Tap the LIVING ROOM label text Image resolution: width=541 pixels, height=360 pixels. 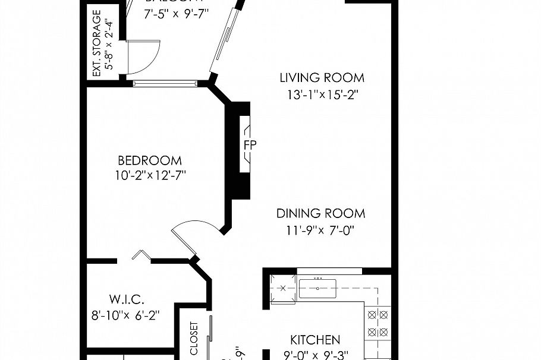[x=322, y=78]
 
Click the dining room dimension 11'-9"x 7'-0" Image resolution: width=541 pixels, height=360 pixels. [x=320, y=230]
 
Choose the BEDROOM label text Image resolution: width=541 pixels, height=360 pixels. [x=149, y=160]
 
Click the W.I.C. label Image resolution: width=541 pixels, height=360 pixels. [x=127, y=299]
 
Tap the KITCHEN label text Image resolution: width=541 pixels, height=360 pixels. [x=315, y=340]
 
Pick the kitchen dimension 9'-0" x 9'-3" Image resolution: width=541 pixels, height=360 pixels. [x=315, y=355]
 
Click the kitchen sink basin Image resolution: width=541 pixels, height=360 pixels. [x=317, y=288]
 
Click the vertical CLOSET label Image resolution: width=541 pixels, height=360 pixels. [x=194, y=339]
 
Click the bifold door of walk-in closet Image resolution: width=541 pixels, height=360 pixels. [x=141, y=255]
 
